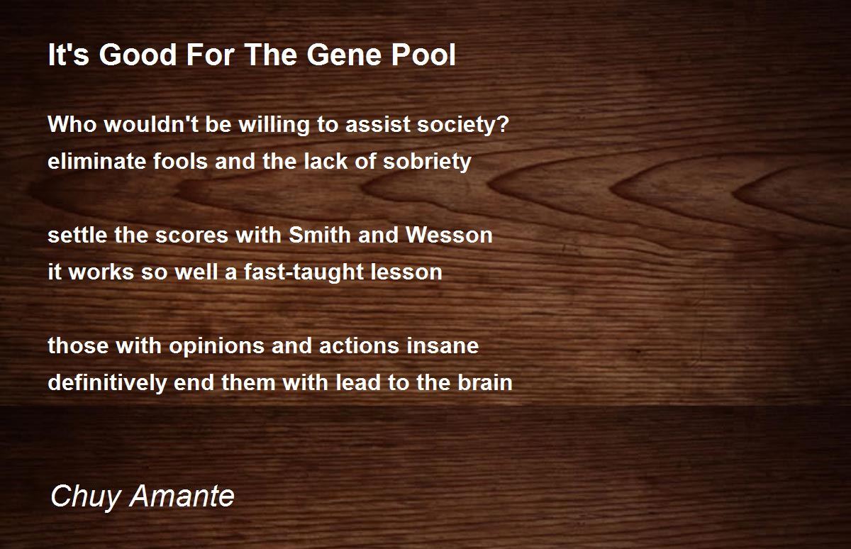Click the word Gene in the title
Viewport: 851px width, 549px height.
[344, 55]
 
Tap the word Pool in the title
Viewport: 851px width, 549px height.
[423, 55]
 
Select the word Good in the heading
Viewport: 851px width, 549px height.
[138, 55]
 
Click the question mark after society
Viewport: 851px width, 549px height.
[504, 124]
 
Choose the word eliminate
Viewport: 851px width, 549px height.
[97, 161]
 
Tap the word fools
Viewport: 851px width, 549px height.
[180, 161]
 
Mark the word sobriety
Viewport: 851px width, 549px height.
[427, 162]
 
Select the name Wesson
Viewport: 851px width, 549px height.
[449, 235]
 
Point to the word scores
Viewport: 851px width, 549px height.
[191, 235]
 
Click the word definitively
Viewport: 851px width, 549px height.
[108, 383]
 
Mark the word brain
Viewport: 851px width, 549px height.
[485, 382]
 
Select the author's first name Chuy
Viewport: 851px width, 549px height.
[85, 497]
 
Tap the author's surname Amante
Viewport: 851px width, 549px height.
[182, 495]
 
